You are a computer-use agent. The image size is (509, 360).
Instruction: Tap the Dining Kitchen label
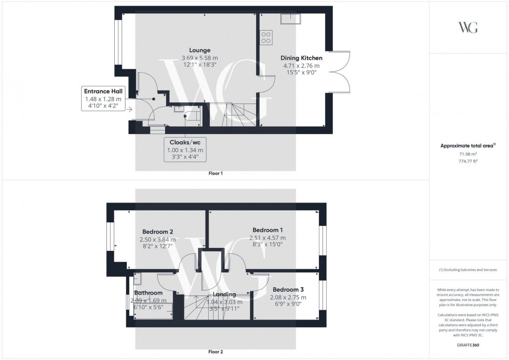pyautogui.click(x=301, y=58)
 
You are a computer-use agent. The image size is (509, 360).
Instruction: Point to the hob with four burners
pyautogui.click(x=266, y=36)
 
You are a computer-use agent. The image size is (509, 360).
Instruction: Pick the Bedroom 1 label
pyautogui.click(x=267, y=230)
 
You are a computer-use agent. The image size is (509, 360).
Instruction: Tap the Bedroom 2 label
pyautogui.click(x=157, y=232)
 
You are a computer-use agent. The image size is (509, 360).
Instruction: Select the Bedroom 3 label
pyautogui.click(x=288, y=289)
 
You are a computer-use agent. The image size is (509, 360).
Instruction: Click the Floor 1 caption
pyautogui.click(x=215, y=174)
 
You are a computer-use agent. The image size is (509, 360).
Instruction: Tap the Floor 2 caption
pyautogui.click(x=215, y=352)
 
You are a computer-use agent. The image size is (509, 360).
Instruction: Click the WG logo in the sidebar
pyautogui.click(x=468, y=28)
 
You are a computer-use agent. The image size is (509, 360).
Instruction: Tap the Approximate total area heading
pyautogui.click(x=467, y=146)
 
